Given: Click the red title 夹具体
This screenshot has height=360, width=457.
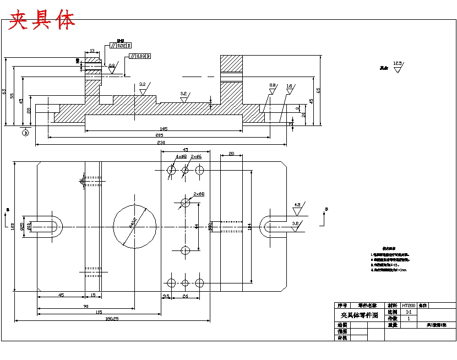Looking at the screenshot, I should click(42, 20).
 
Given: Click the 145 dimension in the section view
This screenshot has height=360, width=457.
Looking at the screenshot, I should click(164, 128).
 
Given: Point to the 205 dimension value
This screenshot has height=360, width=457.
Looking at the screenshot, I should click(159, 135).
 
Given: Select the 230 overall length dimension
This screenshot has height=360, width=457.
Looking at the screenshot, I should click(161, 143).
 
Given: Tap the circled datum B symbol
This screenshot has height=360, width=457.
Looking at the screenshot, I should click(25, 132).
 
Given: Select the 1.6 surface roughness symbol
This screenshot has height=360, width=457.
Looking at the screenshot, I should click(289, 87).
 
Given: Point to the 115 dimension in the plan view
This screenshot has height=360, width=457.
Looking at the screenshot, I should click(99, 312).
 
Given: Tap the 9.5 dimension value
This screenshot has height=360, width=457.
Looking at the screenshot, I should click(165, 296).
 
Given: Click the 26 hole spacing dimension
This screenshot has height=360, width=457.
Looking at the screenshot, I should click(186, 296).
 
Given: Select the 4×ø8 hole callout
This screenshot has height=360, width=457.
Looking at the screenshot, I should click(181, 157).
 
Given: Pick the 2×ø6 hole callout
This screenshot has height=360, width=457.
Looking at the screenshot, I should click(196, 157).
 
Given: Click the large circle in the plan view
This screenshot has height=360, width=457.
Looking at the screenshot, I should click(134, 226).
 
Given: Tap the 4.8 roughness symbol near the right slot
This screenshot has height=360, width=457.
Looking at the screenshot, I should click(297, 206).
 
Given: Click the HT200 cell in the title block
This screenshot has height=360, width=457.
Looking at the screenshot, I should click(409, 305).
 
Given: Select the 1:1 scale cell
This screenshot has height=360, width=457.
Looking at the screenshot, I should click(409, 312).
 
